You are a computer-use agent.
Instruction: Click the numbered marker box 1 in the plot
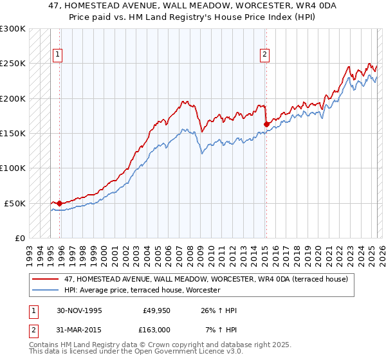(x=57, y=55)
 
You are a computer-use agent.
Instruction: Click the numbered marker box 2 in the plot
(x=264, y=55)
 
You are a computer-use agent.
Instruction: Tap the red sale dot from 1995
(x=60, y=203)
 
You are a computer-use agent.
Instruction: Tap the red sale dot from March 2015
(x=266, y=124)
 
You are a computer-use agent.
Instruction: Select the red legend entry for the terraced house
(x=206, y=279)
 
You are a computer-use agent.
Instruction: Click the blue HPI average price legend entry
(x=142, y=290)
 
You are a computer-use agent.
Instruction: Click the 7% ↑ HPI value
(x=221, y=329)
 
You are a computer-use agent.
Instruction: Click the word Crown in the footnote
(x=165, y=345)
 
